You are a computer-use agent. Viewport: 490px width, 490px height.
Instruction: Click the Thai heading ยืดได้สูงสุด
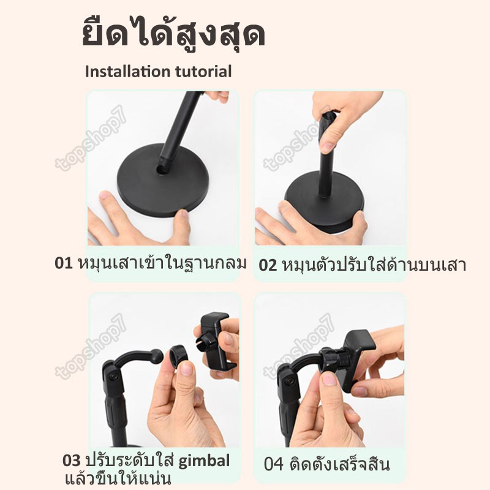click(x=174, y=33)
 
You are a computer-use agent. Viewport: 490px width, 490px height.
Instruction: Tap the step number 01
click(x=63, y=263)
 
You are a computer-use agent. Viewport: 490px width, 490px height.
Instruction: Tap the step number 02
click(x=268, y=265)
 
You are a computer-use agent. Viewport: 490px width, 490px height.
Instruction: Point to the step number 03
click(x=72, y=461)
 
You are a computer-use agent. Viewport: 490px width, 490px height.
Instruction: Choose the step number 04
click(x=273, y=464)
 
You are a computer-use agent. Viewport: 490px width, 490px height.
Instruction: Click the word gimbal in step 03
click(x=204, y=461)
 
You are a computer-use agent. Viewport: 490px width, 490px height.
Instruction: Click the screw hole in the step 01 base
click(x=162, y=170)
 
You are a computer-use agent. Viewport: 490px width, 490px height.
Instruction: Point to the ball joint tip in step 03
click(x=157, y=356)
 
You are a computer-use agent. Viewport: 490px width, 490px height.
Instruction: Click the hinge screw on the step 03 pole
click(x=112, y=377)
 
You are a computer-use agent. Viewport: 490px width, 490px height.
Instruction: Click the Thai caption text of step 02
click(x=374, y=265)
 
